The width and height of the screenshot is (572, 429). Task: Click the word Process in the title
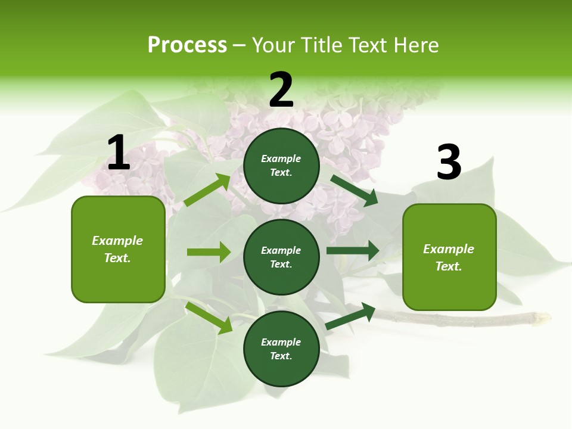187,45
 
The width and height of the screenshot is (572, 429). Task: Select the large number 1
119,153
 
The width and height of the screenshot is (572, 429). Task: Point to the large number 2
281,90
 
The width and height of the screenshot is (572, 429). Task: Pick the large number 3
449,163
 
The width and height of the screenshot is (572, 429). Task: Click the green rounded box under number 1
118,249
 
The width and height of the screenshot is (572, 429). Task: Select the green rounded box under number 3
449,257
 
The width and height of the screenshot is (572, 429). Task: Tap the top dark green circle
281,166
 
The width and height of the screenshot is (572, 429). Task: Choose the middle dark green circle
281,257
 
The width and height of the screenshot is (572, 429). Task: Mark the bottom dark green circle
281,349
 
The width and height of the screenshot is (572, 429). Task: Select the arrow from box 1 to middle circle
209,252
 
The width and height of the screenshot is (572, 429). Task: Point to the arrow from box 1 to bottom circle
209,318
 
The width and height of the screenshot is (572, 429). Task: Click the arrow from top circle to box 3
354,190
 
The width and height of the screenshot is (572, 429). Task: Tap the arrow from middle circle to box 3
353,251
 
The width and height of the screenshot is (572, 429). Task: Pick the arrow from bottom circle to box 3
351,316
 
